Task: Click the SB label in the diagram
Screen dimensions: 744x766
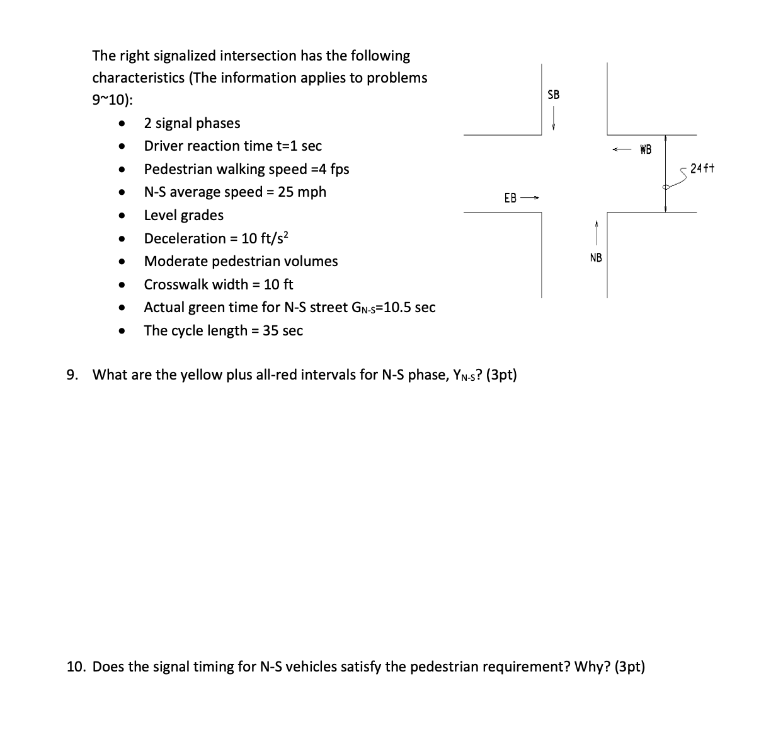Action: pyautogui.click(x=553, y=95)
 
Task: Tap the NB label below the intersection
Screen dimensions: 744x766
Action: pyautogui.click(x=595, y=257)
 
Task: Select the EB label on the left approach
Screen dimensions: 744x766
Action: pyautogui.click(x=510, y=198)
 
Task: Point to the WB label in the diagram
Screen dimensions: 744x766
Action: pyautogui.click(x=645, y=150)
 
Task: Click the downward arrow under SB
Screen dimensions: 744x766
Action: pyautogui.click(x=553, y=117)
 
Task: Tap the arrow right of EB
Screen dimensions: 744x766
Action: pyautogui.click(x=530, y=198)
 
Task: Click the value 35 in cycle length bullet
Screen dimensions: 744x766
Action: pyautogui.click(x=270, y=330)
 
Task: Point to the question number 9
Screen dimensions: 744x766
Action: pyautogui.click(x=72, y=375)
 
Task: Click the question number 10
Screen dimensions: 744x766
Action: pyautogui.click(x=76, y=666)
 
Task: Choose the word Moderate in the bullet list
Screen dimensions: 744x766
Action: pyautogui.click(x=173, y=261)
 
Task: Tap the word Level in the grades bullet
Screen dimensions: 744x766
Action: pyautogui.click(x=160, y=215)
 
